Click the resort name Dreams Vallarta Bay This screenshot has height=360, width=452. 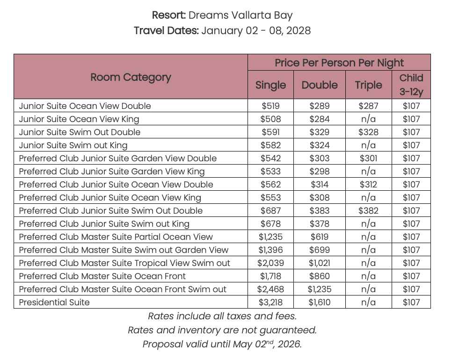click(x=241, y=15)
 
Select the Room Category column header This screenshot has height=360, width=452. click(x=131, y=77)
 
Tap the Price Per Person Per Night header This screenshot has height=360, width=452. click(x=339, y=63)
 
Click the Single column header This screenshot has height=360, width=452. click(x=270, y=85)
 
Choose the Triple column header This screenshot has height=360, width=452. click(x=368, y=85)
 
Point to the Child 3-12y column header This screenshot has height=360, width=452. click(x=411, y=85)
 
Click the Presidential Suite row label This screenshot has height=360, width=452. click(x=54, y=302)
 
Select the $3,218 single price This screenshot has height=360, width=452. click(x=270, y=302)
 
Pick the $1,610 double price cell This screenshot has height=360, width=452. click(x=320, y=302)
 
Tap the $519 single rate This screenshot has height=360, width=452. click(x=270, y=106)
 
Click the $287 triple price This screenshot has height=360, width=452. click(x=368, y=106)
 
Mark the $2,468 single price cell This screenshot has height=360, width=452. click(x=270, y=289)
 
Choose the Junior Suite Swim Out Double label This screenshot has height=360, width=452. click(x=80, y=132)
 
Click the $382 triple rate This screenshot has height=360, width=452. click(x=368, y=210)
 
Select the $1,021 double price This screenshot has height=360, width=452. click(x=320, y=263)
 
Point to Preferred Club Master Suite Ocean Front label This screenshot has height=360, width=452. click(x=102, y=276)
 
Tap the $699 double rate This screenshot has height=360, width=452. click(x=320, y=250)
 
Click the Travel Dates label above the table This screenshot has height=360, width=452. click(x=166, y=31)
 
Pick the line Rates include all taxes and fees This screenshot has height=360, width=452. click(x=222, y=317)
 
